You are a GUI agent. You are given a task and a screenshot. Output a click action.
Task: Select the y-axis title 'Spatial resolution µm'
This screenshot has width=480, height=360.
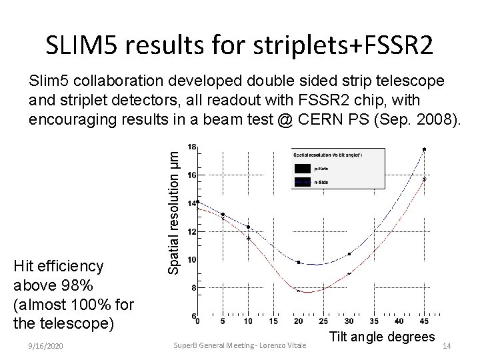[173, 209]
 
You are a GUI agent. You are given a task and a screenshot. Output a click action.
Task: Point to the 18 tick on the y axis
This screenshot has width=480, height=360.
[192, 147]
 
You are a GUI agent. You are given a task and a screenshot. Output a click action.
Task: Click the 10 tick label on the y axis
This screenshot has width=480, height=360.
[191, 259]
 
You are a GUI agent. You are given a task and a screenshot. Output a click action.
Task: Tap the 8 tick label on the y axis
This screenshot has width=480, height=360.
[193, 288]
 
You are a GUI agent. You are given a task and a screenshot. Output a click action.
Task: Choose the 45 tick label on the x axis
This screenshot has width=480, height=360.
[425, 321]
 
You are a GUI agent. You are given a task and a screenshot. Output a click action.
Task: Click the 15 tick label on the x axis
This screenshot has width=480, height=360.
[273, 321]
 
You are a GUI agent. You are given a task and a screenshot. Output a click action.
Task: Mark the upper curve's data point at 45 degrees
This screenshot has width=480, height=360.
[425, 149]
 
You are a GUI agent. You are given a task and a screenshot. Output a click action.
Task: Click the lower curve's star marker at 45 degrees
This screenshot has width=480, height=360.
[425, 179]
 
